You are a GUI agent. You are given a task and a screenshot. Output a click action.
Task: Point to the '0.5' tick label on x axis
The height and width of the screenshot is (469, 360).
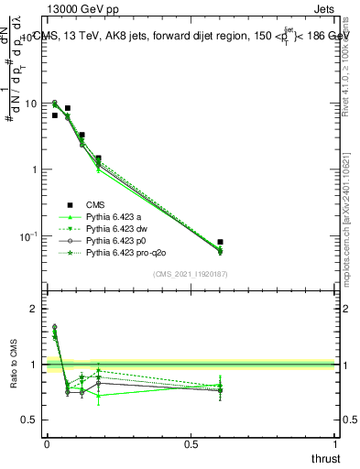[191, 444]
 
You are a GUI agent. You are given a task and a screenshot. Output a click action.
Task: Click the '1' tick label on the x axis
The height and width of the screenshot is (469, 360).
[337, 444]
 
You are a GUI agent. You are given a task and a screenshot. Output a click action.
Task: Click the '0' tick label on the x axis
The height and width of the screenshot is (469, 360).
[46, 444]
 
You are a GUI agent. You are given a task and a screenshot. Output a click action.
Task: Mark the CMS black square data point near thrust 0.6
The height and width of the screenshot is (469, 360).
[220, 242]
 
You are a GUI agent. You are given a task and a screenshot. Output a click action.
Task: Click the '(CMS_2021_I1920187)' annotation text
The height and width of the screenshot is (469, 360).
[191, 272]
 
